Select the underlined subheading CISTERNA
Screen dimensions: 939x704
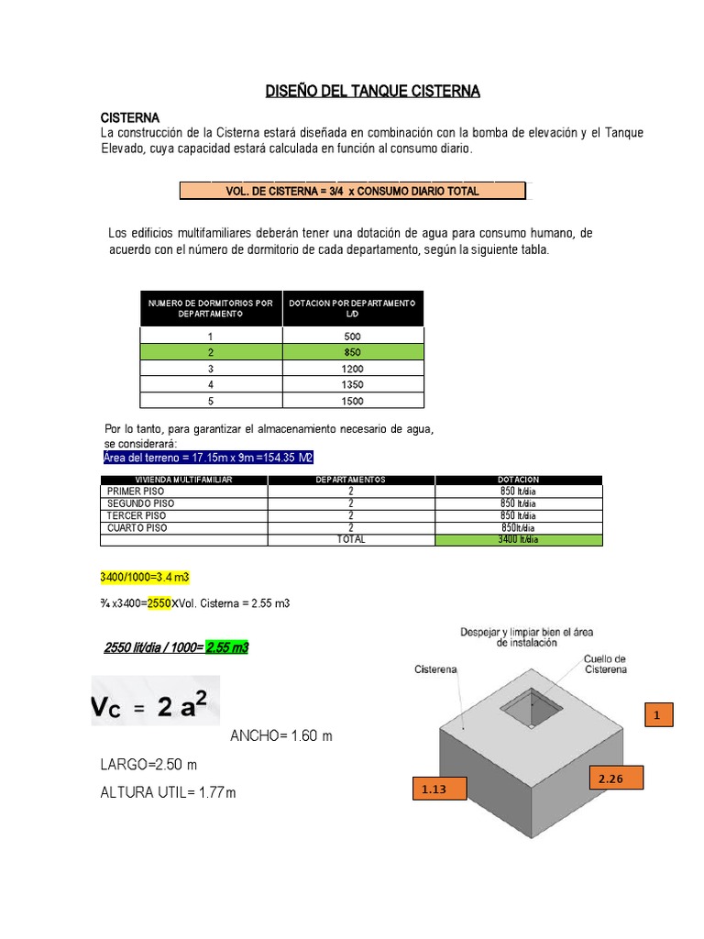129,118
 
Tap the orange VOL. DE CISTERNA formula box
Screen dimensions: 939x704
353,191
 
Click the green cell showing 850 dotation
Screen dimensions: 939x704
353,352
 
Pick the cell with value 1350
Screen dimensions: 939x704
353,384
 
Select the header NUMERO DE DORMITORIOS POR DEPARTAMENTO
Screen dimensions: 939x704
211,308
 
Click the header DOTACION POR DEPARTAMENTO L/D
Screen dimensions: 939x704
353,308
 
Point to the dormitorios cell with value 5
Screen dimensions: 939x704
211,401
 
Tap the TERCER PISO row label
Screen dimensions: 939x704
132,515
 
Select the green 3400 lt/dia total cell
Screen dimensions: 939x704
519,540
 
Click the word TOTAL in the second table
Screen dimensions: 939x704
351,540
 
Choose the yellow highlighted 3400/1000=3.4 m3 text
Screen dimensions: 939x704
144,577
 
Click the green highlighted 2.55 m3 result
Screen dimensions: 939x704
227,648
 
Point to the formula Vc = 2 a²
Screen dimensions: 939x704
155,701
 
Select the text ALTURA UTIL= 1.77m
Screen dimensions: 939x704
168,792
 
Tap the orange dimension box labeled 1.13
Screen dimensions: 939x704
432,788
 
